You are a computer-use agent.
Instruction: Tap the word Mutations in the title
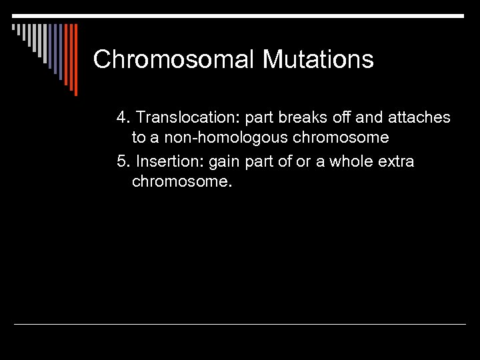pyautogui.click(x=318, y=60)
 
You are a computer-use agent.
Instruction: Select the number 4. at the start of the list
pyautogui.click(x=123, y=118)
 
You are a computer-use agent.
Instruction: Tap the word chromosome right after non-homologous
pyautogui.click(x=343, y=138)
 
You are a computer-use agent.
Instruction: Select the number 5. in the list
pyautogui.click(x=123, y=162)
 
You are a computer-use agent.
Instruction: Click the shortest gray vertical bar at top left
pyautogui.click(x=13, y=28)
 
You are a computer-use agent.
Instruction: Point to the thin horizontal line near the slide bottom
pyautogui.click(x=240, y=325)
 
